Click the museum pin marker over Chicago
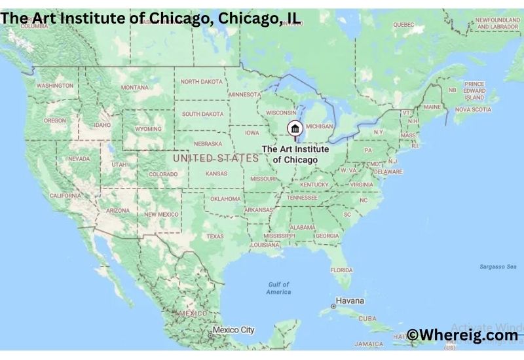tap(295, 128)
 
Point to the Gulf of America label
tap(278, 288)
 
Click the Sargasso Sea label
tap(498, 266)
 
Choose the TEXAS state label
tap(215, 236)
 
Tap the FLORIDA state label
tap(341, 270)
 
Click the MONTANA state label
tap(135, 88)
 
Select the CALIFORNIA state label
tap(65, 196)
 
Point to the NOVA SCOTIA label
tap(472, 109)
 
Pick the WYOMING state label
tap(148, 129)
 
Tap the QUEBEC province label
tap(403, 25)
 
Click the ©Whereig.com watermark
tap(462, 335)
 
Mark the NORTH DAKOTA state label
tap(202, 82)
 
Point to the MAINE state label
tap(432, 107)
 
